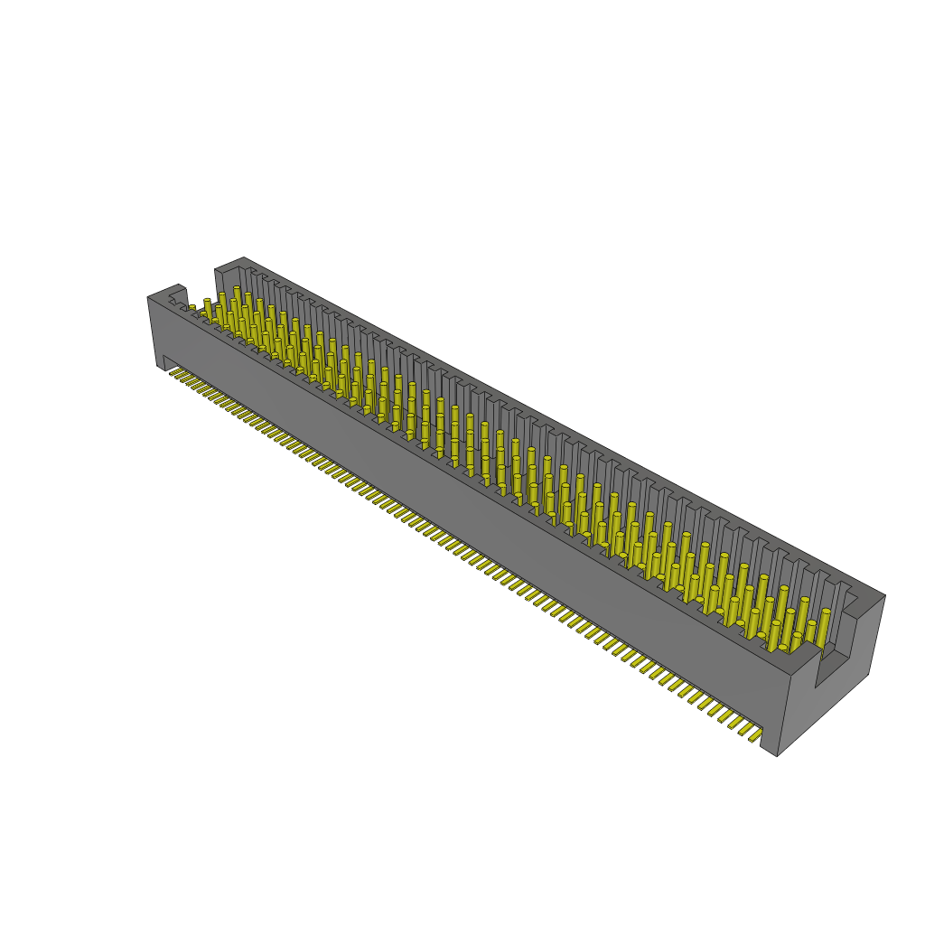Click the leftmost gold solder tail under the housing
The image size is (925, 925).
[x=174, y=371]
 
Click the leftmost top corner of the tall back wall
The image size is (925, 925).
[x=216, y=268]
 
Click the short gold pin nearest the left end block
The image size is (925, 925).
[x=192, y=308]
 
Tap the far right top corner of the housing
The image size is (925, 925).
[x=884, y=595]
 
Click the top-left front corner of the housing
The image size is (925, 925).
[x=148, y=297]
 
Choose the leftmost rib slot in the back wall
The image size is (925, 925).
[x=252, y=274]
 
